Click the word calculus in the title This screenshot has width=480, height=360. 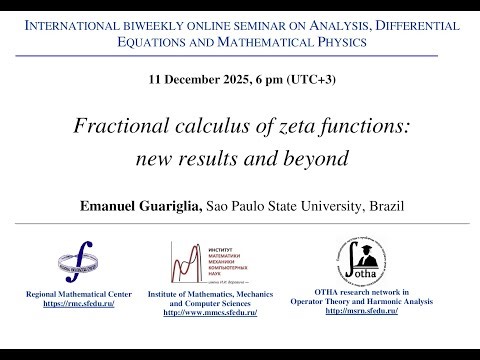202,128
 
